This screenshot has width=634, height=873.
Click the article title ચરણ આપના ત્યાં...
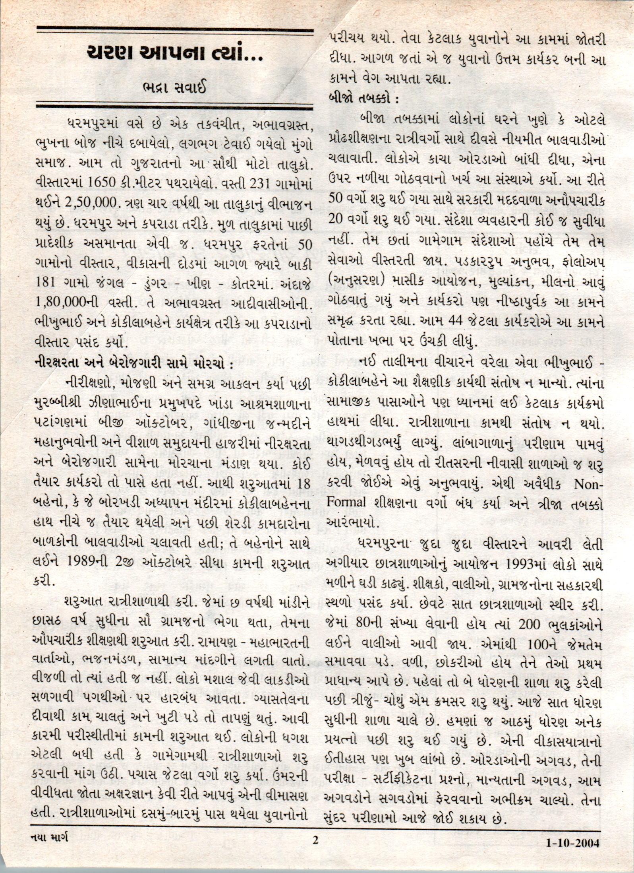pos(175,53)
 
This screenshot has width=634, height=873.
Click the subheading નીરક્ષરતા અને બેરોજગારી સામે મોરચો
pos(133,363)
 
